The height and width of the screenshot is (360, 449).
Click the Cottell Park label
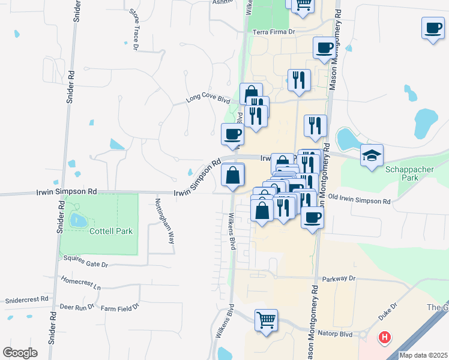[110, 230]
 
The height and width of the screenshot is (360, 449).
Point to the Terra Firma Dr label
[274, 32]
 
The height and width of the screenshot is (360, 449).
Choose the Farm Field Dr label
[119, 307]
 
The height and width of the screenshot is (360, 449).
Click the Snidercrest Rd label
[26, 299]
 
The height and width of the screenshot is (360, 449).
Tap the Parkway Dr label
[339, 278]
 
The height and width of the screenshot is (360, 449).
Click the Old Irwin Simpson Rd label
[359, 200]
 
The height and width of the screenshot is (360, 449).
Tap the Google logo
[20, 352]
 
